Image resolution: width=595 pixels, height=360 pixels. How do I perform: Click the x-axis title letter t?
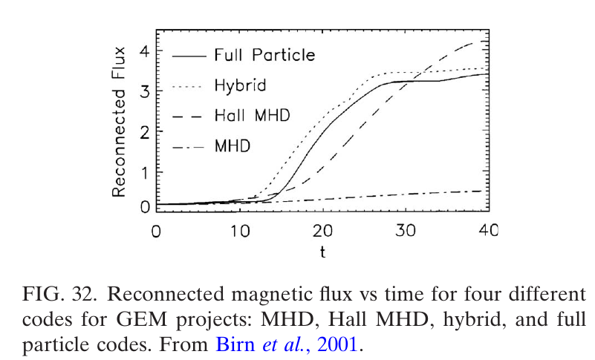(x=322, y=252)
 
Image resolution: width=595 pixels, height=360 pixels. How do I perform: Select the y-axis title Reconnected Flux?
(x=119, y=122)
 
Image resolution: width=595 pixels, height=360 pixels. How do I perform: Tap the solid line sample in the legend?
(x=189, y=55)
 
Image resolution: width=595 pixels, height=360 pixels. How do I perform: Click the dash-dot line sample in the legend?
(x=189, y=145)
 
